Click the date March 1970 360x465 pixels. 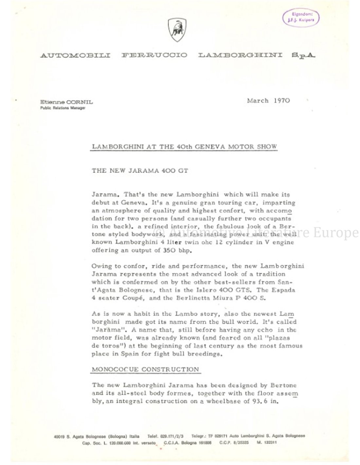click(x=268, y=101)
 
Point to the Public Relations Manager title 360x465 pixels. click(x=63, y=108)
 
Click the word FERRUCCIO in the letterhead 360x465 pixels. click(x=154, y=55)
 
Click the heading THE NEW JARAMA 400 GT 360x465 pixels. click(x=140, y=170)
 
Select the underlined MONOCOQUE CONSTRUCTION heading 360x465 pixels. click(x=145, y=370)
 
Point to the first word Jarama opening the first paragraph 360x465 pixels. click(x=103, y=195)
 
